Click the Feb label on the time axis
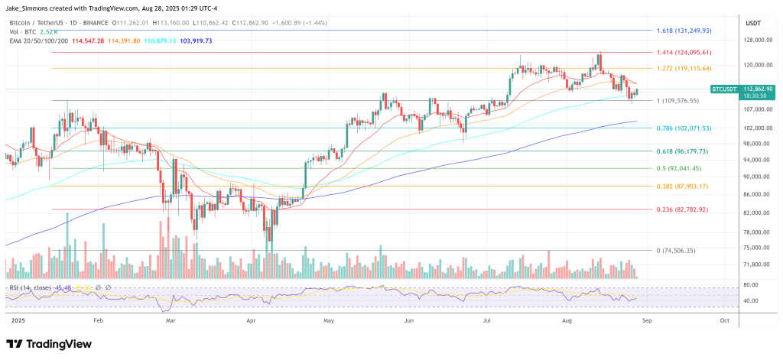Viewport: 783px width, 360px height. click(97, 322)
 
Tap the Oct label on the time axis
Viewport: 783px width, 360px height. click(724, 322)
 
